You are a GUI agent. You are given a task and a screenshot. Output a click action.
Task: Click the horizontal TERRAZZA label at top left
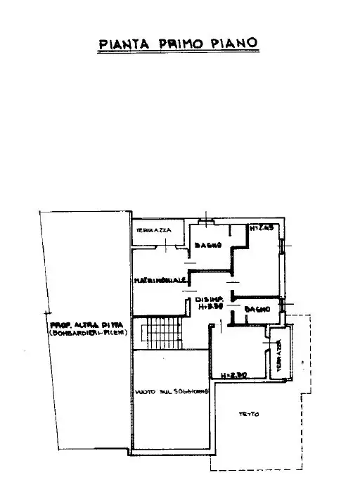click(150, 230)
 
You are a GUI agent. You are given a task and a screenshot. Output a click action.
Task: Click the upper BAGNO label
click(209, 245)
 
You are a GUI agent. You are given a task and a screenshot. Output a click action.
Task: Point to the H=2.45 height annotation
click(262, 227)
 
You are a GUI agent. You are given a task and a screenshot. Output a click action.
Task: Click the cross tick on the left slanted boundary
click(47, 310)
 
